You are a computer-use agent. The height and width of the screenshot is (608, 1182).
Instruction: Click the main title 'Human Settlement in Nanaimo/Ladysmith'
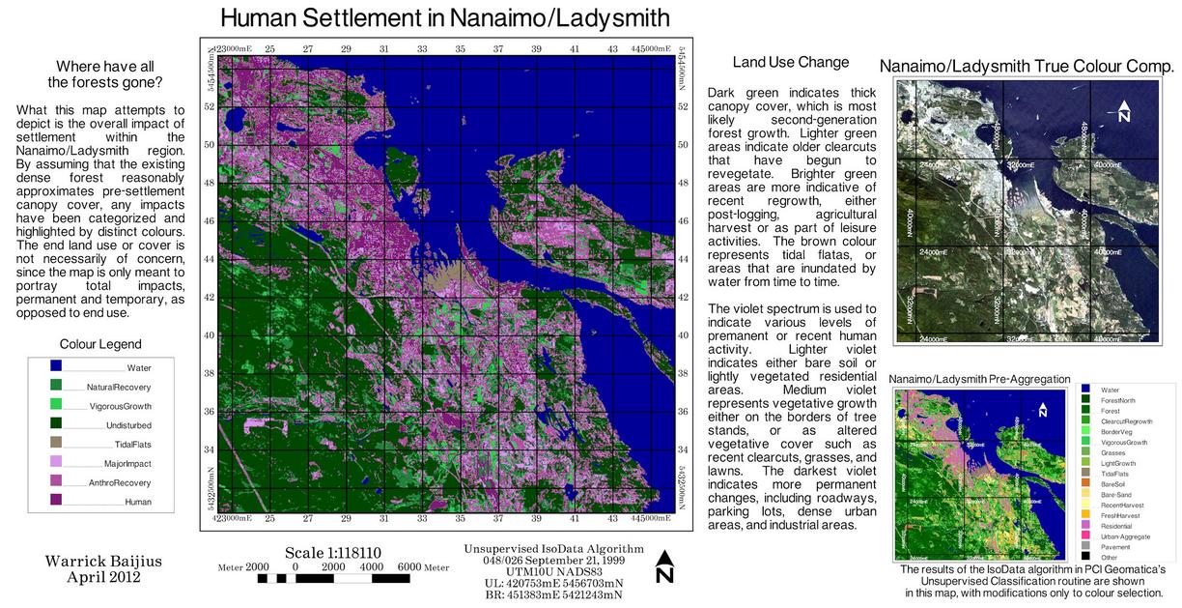[444, 17]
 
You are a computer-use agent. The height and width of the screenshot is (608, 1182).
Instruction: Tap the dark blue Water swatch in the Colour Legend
[56, 366]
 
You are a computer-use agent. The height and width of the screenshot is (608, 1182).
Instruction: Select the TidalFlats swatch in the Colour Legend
[56, 443]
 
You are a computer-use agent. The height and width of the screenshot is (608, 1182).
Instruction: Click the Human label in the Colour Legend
[137, 502]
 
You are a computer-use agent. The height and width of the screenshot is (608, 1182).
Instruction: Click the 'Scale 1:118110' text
[333, 553]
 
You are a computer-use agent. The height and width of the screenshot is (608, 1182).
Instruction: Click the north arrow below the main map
[664, 567]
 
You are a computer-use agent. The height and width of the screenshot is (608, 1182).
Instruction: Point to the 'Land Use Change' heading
[790, 63]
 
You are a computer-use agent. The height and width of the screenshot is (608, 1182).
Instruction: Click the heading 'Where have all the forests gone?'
[104, 74]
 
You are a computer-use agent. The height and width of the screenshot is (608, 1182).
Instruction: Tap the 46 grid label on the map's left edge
[208, 220]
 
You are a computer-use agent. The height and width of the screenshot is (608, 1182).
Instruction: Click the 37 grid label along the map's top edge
[498, 48]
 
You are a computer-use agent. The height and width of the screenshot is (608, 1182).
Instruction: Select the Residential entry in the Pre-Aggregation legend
[1114, 525]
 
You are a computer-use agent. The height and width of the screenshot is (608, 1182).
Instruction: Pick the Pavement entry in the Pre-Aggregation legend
[1114, 547]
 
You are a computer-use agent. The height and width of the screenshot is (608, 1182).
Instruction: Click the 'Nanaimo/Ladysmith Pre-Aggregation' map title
[979, 379]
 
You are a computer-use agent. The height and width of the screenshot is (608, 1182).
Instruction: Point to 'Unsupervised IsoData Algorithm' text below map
[553, 549]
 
